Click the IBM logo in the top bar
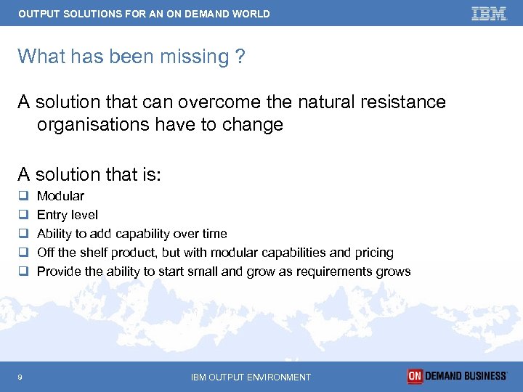[488, 14]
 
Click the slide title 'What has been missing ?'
[131, 57]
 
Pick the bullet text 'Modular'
[60, 196]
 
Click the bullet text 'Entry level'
[67, 215]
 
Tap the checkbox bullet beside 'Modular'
[23, 196]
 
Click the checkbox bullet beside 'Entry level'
[23, 215]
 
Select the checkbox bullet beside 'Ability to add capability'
[23, 234]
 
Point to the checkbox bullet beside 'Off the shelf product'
[23, 253]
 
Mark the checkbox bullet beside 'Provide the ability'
[23, 271]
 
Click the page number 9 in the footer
[20, 377]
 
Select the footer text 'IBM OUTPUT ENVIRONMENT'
[251, 377]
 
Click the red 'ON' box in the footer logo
[415, 376]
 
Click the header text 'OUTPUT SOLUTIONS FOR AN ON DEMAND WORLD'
[144, 14]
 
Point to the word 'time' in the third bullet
[214, 234]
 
